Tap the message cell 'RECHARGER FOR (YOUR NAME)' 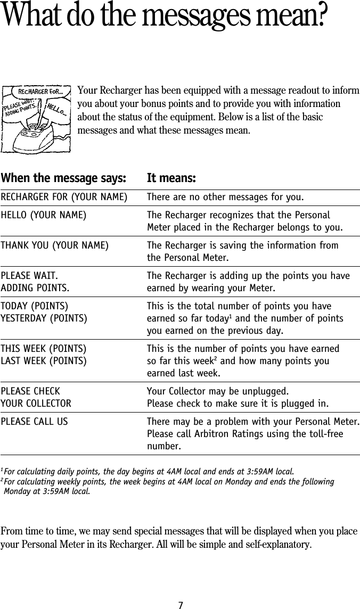(64, 199)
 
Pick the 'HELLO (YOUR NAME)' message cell (44, 216)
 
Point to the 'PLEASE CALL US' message (34, 422)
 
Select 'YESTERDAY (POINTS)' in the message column (44, 318)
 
